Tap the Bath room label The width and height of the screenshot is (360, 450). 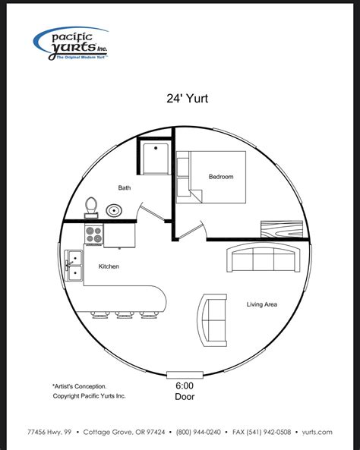click(124, 187)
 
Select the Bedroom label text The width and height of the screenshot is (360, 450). click(221, 177)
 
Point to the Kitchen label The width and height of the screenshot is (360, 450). click(109, 266)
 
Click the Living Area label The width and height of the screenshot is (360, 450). click(261, 304)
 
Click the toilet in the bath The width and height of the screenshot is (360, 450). click(91, 206)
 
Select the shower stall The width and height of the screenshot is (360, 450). click(155, 156)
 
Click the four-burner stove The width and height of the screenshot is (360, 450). click(94, 235)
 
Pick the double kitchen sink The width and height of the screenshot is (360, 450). click(74, 267)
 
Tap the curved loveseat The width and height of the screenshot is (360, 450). click(212, 319)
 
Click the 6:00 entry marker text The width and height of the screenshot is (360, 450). click(185, 385)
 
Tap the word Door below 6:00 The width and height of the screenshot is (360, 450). click(185, 396)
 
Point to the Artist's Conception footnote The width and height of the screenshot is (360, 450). click(79, 385)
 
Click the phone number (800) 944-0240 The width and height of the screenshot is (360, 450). click(198, 432)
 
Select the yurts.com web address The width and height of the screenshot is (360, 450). click(316, 432)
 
